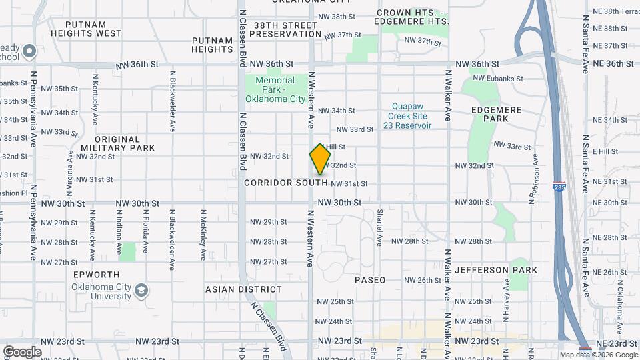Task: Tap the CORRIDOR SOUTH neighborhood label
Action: point(285,182)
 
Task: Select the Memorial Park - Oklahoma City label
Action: point(275,90)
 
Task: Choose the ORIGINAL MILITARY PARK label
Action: point(117,143)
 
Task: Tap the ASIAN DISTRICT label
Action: point(243,289)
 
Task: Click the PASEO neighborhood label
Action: point(370,280)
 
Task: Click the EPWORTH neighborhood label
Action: point(97,275)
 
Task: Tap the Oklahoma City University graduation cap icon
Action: point(141,291)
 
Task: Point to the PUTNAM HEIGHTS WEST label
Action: point(95,28)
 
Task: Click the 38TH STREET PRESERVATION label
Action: point(287,29)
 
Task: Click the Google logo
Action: point(22,351)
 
